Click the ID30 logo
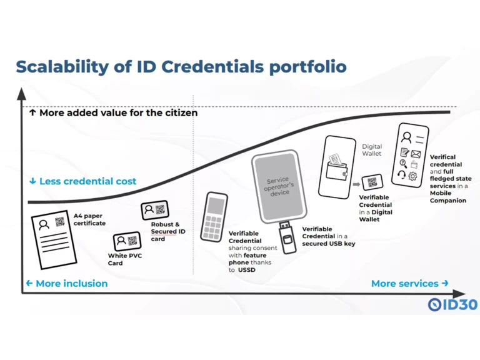click(x=452, y=304)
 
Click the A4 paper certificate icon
click(x=54, y=240)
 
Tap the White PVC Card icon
click(x=127, y=241)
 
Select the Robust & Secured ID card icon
click(x=155, y=210)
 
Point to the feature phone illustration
click(x=214, y=217)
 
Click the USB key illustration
click(x=287, y=237)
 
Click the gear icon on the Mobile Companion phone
click(x=412, y=176)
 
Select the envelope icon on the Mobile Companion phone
click(x=416, y=153)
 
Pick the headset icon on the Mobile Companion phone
click(x=401, y=175)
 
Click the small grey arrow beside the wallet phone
click(x=356, y=184)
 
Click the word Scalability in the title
click(x=62, y=67)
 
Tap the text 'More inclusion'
click(x=72, y=284)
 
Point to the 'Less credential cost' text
click(x=87, y=181)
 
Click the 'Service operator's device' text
click(x=279, y=186)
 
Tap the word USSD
click(x=246, y=270)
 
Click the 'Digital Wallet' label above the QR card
click(x=372, y=150)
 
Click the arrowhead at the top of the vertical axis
click(x=21, y=94)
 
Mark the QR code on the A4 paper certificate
click(x=60, y=222)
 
